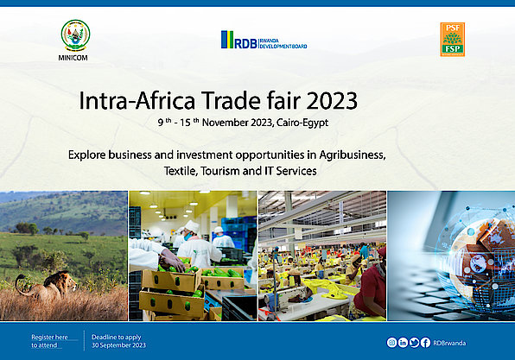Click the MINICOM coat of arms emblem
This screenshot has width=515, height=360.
(x=75, y=35)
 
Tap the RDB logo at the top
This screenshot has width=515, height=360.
(x=264, y=40)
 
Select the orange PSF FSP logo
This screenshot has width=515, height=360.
(x=452, y=40)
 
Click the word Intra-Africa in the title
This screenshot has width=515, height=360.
(x=137, y=101)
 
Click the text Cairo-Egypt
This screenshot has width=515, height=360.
(x=302, y=123)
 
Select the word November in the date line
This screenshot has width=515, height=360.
(x=225, y=123)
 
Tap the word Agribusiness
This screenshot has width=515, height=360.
(x=353, y=155)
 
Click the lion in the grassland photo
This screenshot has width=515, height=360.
(x=47, y=285)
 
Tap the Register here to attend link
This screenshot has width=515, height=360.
(x=49, y=341)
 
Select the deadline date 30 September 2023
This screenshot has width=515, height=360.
(x=118, y=345)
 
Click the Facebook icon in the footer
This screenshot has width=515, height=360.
(x=425, y=343)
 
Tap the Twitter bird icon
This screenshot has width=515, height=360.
(x=414, y=343)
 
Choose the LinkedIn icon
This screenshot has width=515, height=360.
(x=403, y=343)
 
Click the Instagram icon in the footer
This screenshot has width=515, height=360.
(x=391, y=343)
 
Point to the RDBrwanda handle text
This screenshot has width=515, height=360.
(x=449, y=343)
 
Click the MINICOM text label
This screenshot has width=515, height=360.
(x=73, y=58)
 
